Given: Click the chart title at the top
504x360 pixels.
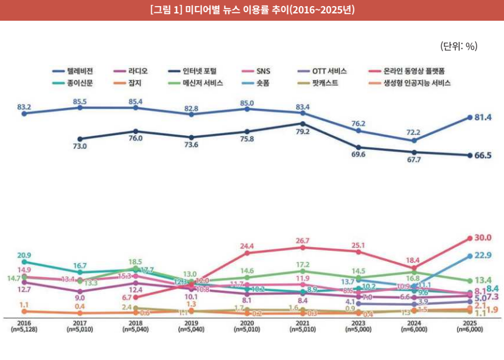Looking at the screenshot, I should point(251,10).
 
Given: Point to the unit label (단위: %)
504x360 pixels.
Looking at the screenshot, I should point(458,46).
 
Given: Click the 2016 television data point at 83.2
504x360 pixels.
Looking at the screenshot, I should point(24,113).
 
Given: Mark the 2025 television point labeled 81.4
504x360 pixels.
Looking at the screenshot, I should point(470,117).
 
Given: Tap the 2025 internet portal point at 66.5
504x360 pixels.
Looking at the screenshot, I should point(470,155).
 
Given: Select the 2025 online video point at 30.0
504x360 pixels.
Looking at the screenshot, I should point(470,238).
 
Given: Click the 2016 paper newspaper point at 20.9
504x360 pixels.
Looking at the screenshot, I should point(24,262).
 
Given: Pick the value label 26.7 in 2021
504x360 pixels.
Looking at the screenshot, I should point(303,241).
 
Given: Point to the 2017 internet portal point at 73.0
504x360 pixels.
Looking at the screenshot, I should point(80,138).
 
